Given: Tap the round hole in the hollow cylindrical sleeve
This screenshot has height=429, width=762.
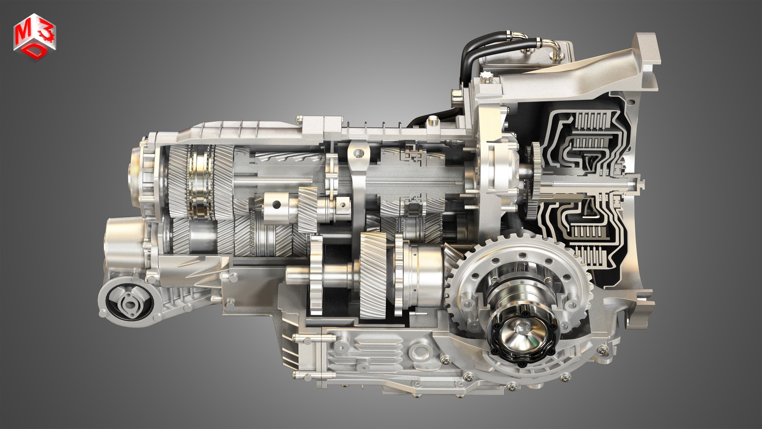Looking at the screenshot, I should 277,204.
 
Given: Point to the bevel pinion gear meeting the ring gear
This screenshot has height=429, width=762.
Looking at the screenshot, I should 451,261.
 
